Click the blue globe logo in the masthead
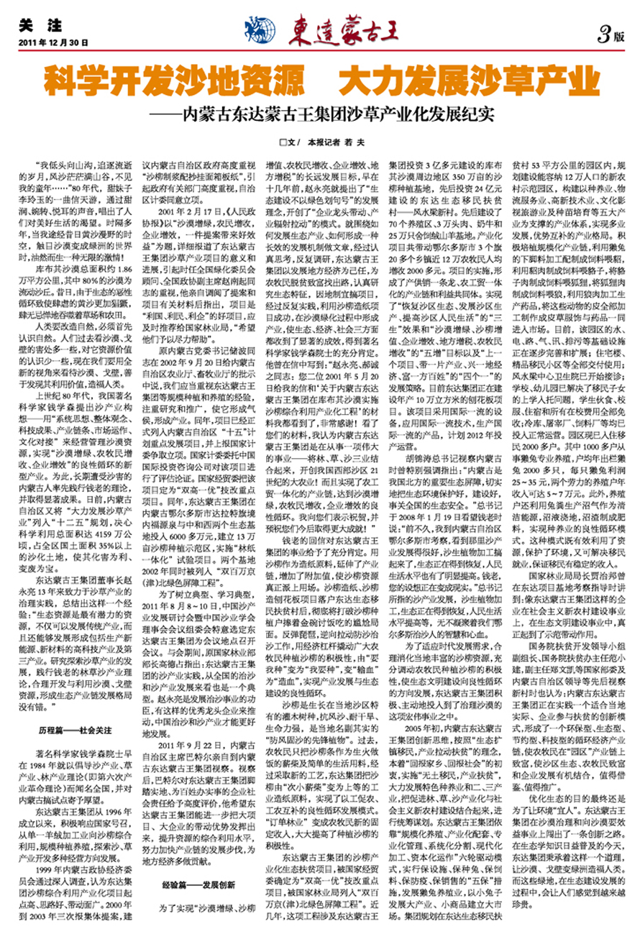coord(260,27)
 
